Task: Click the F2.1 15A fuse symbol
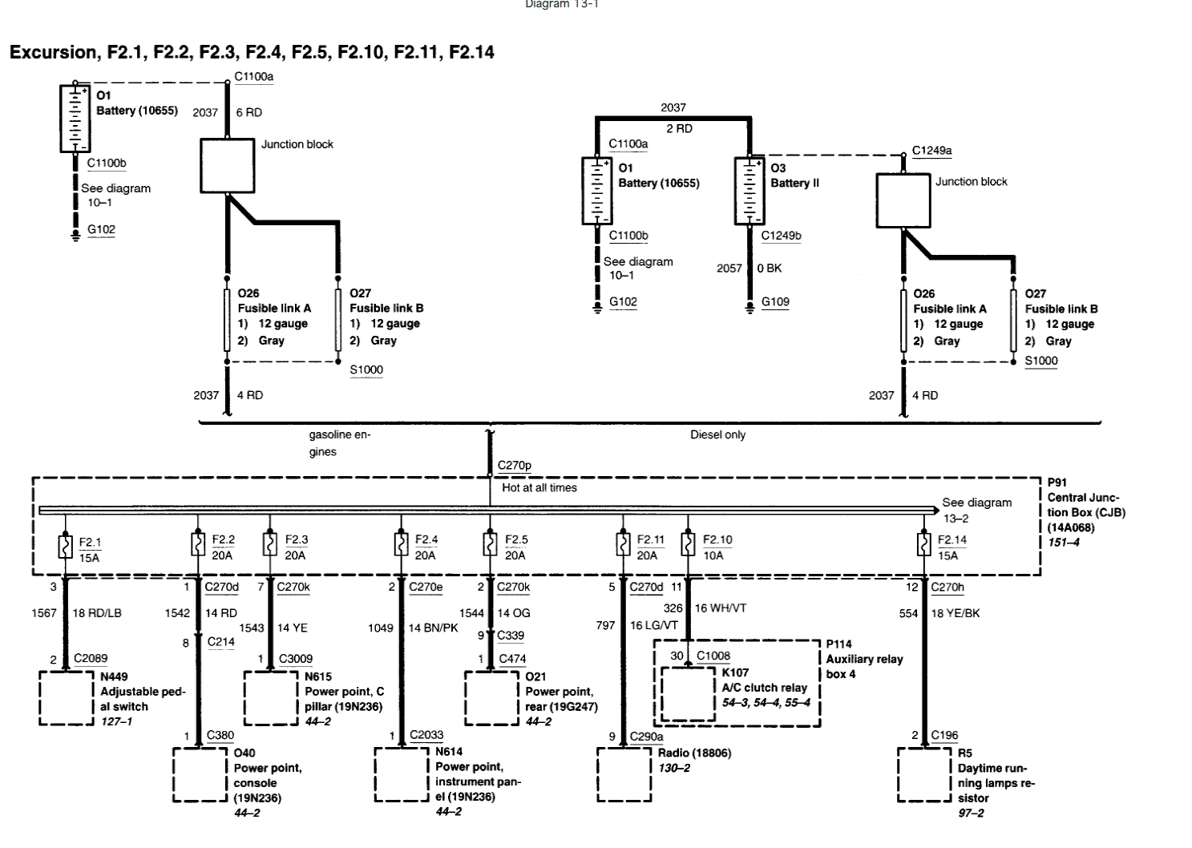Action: [x=66, y=546]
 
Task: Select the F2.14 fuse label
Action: [x=952, y=539]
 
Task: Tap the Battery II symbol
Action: [x=749, y=191]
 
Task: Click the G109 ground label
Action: [x=775, y=301]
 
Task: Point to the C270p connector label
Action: [x=514, y=465]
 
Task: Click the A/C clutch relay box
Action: [x=688, y=693]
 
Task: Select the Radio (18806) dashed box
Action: [x=624, y=774]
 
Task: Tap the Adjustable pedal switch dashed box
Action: [x=67, y=698]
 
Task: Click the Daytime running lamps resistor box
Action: [x=924, y=774]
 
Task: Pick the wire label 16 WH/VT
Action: [x=720, y=608]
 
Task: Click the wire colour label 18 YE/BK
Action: [x=955, y=613]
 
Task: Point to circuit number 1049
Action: [x=380, y=628]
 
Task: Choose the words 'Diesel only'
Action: [x=717, y=434]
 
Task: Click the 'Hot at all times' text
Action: [x=539, y=487]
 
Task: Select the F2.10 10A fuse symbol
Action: [x=688, y=544]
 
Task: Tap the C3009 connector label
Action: [x=295, y=658]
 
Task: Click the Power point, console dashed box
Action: [x=200, y=774]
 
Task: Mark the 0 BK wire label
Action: [x=769, y=268]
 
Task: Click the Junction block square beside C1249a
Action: [x=903, y=200]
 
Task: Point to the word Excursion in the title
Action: [x=53, y=53]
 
